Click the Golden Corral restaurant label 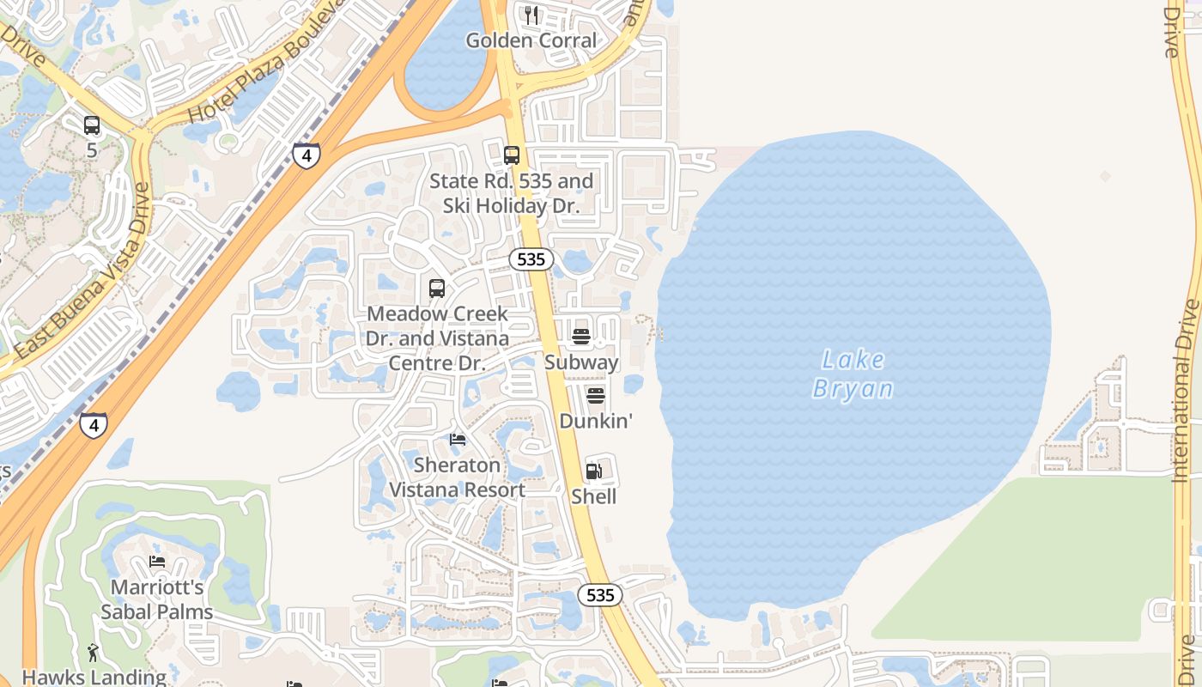(x=531, y=40)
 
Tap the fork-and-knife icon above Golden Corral (x=531, y=15)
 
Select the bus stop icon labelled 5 (x=92, y=125)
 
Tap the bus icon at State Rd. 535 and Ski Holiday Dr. (x=512, y=155)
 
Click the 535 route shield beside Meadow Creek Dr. (x=531, y=259)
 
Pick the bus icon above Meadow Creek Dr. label (x=437, y=289)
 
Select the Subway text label (x=581, y=362)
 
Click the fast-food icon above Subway (x=581, y=337)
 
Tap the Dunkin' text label (x=596, y=421)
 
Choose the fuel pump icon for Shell (x=594, y=471)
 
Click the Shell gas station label (x=594, y=496)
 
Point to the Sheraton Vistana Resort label (x=458, y=477)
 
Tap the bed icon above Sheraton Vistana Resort (x=458, y=440)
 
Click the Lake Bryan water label (x=853, y=374)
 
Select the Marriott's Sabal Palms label (x=157, y=599)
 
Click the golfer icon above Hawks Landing (x=94, y=653)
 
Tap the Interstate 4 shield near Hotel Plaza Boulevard (x=306, y=155)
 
